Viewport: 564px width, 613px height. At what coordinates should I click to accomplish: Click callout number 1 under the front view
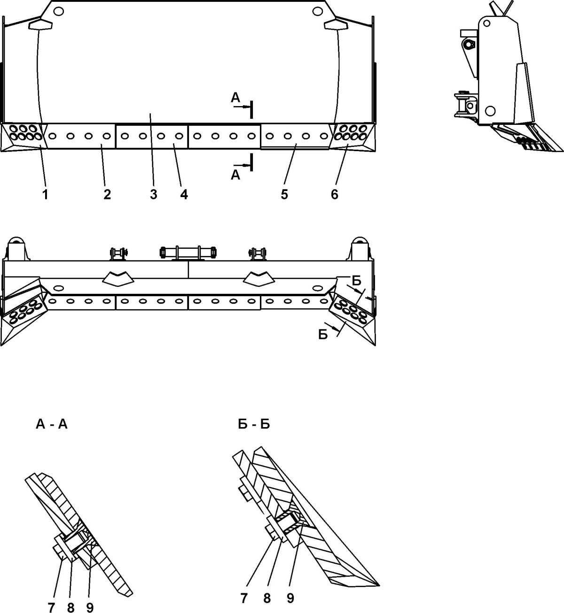[45, 194]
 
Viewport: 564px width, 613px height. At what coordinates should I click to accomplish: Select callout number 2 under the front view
[107, 194]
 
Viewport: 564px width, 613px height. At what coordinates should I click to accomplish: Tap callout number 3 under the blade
[154, 194]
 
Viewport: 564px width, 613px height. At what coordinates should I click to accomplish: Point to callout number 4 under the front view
[184, 194]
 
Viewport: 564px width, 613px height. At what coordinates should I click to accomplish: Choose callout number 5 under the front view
[285, 194]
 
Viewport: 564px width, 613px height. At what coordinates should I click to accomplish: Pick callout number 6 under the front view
[335, 194]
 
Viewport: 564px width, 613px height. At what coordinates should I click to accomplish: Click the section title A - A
[51, 424]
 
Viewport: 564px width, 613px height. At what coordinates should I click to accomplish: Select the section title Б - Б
[254, 424]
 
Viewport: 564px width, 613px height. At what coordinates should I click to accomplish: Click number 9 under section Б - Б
[290, 598]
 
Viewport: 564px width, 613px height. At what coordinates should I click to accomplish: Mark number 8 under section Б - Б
[267, 598]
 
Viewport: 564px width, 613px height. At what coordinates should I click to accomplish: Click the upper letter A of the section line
[235, 98]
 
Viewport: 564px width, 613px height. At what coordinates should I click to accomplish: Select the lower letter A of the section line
[235, 175]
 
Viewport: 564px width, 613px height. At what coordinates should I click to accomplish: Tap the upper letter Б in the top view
[357, 281]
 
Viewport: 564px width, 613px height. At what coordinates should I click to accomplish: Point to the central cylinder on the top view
[188, 253]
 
